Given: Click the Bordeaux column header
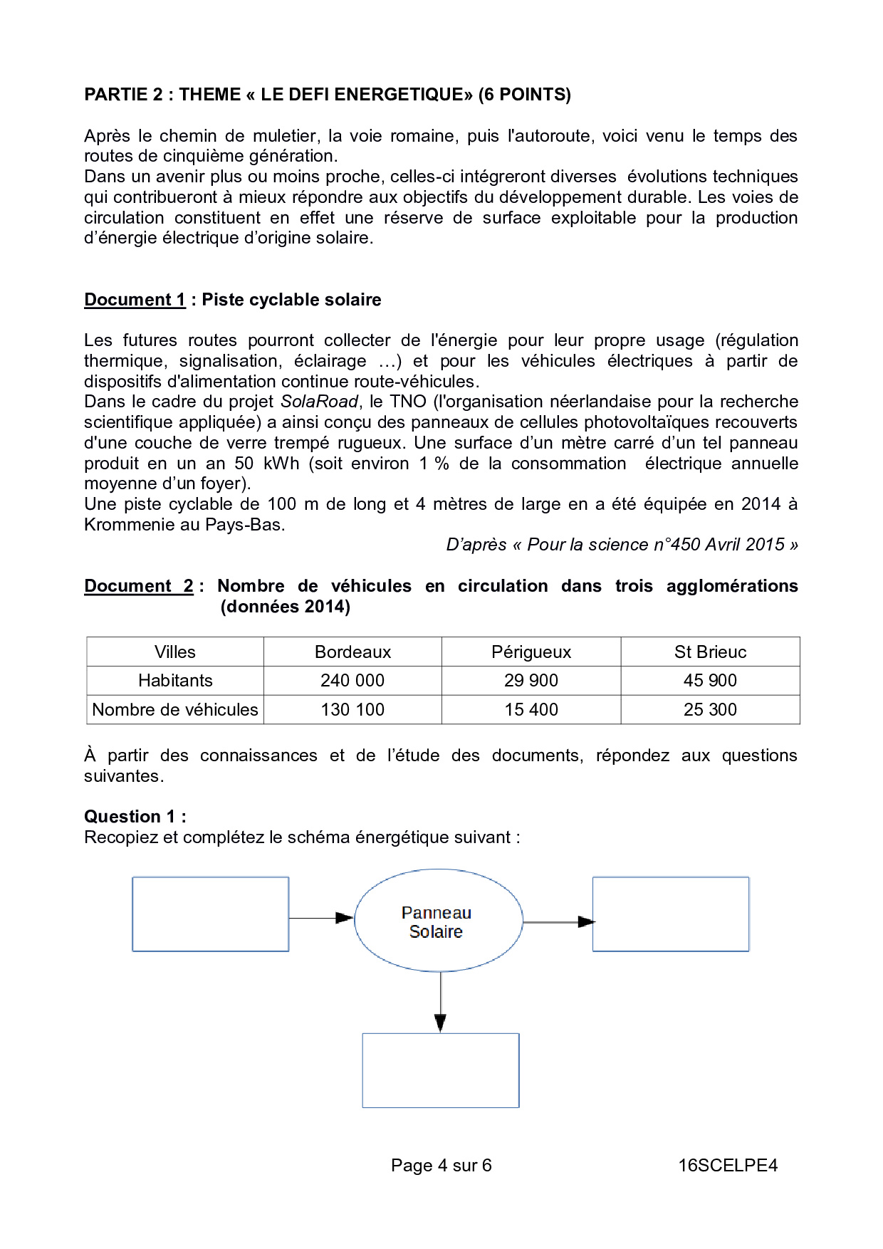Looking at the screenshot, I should point(352,652).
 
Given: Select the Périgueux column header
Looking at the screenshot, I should point(531,652).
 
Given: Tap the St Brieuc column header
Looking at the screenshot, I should point(710,652).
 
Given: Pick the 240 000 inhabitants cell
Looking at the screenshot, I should point(352,681).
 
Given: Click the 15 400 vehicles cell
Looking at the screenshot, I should point(531,710).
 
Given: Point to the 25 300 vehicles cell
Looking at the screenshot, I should point(710,710).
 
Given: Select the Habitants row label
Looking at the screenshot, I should point(175,681).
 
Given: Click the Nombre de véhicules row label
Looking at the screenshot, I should point(175,710).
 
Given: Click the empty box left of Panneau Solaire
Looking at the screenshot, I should point(211,914).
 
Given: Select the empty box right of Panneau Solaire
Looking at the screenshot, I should point(671,914).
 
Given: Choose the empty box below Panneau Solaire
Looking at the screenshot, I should point(441,1070).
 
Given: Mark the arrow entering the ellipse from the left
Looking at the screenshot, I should point(321,918).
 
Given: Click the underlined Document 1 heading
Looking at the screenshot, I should point(135,300).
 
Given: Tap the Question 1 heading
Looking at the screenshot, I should point(135,817).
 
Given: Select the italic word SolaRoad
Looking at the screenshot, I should point(319,402).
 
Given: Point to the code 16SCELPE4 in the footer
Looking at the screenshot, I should point(728,1166).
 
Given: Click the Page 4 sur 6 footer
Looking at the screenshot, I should point(441,1166).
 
